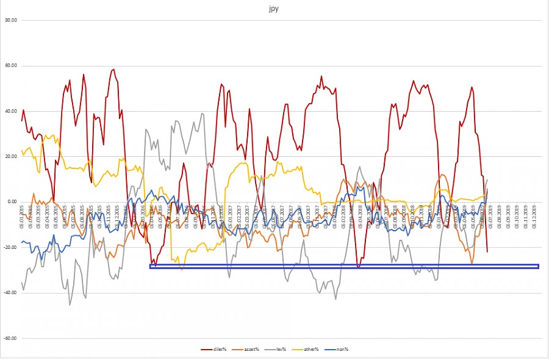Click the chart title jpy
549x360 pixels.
(x=274, y=10)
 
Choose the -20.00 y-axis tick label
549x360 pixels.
(x=12, y=247)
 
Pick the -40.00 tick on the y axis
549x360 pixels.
(x=12, y=293)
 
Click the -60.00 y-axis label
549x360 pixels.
(x=12, y=338)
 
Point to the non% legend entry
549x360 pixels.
(x=339, y=349)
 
